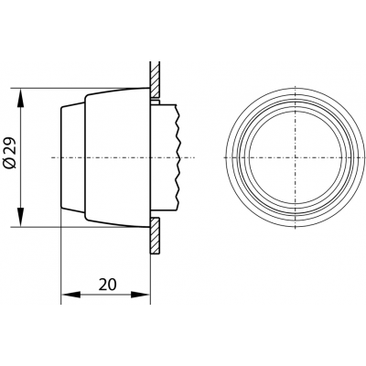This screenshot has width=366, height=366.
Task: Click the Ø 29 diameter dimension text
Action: [11, 154]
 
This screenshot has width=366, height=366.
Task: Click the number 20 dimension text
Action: [107, 285]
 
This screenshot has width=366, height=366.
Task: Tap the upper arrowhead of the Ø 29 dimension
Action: [20, 98]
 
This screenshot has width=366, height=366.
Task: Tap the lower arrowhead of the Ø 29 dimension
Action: [20, 217]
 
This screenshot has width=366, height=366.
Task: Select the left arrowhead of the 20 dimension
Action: [70, 295]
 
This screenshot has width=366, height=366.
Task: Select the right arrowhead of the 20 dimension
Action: [141, 295]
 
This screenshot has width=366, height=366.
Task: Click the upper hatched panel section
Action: [155, 80]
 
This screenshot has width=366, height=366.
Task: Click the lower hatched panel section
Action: [155, 235]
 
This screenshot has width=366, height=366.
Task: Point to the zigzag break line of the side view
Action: [178, 157]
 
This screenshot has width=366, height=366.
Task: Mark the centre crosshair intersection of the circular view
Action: [296, 157]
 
